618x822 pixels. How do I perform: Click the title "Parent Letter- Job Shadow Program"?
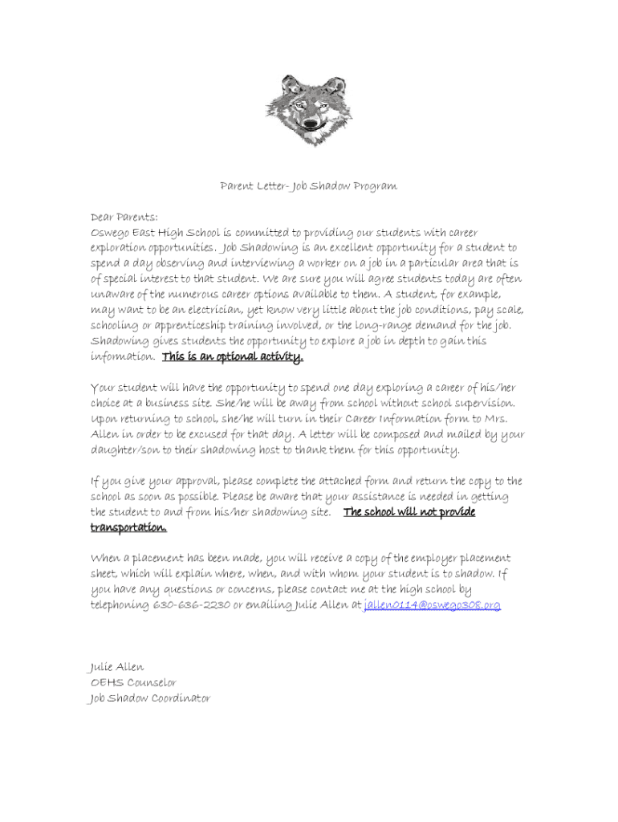click(309, 186)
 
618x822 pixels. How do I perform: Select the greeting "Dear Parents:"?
click(124, 217)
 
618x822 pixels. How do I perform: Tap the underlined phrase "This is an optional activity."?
click(233, 356)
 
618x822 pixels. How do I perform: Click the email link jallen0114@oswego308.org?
click(432, 604)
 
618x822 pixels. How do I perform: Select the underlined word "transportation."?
click(128, 527)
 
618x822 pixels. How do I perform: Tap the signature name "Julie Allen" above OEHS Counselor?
click(116, 667)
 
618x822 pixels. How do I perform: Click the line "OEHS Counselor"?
click(133, 682)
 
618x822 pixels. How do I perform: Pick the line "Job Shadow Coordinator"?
click(149, 698)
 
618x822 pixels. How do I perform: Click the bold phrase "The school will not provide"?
click(409, 512)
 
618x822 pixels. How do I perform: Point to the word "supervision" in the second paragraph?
click(483, 403)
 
